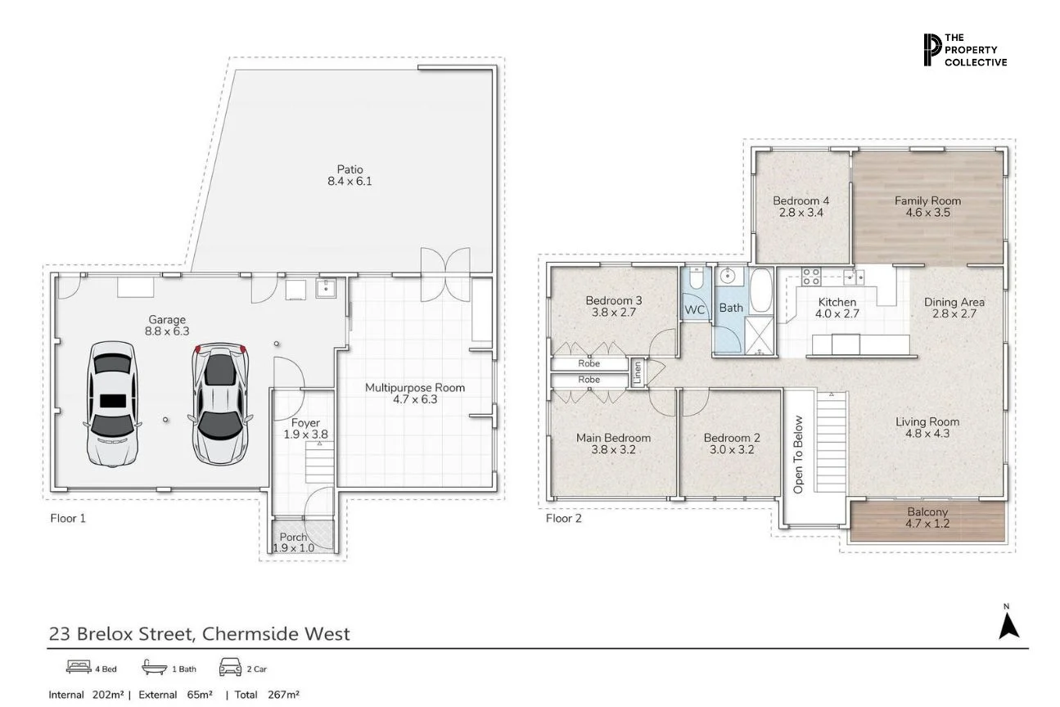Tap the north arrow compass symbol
pyautogui.click(x=1008, y=624)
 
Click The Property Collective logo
pyautogui.click(x=964, y=50)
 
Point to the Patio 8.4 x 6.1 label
pyautogui.click(x=350, y=175)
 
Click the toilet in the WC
pyautogui.click(x=696, y=281)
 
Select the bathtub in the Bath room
pyautogui.click(x=760, y=290)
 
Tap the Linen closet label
pyautogui.click(x=638, y=372)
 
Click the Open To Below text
pyautogui.click(x=799, y=455)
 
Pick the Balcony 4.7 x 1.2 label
pyautogui.click(x=927, y=518)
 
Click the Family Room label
pyautogui.click(x=927, y=206)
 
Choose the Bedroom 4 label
pyautogui.click(x=801, y=206)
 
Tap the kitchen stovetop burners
pyautogui.click(x=810, y=275)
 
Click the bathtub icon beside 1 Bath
pyautogui.click(x=154, y=669)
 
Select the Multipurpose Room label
pyautogui.click(x=415, y=394)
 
